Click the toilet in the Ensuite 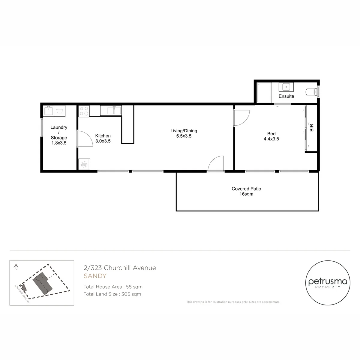(x=311, y=92)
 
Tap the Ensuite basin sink (x=286, y=87)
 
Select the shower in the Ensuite (x=264, y=92)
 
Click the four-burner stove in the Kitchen (x=84, y=111)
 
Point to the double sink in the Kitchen (x=111, y=110)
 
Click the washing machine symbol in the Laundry (x=60, y=111)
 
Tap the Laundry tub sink (x=49, y=110)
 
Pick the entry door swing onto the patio (x=212, y=160)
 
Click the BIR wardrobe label (x=312, y=127)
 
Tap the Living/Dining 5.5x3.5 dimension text (x=184, y=136)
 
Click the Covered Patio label (x=246, y=189)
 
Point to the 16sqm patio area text (x=246, y=194)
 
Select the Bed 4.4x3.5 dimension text (x=271, y=139)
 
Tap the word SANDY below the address (x=95, y=276)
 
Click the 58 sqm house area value (x=134, y=287)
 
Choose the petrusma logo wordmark (x=328, y=282)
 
